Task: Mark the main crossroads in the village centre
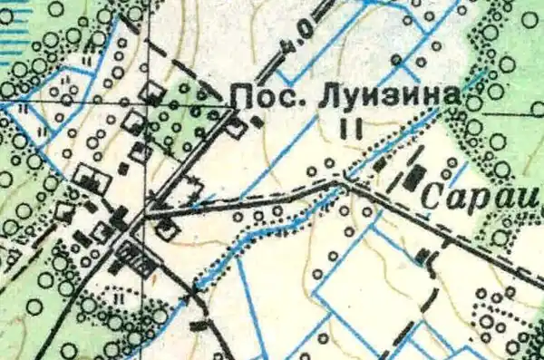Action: tap(145, 218)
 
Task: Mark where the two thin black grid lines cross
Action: tap(145, 107)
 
